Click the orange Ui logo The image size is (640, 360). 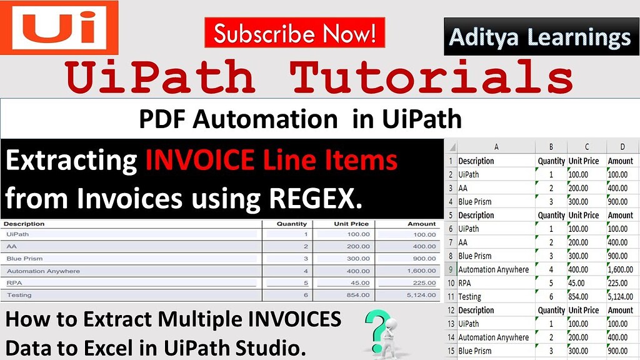pos(59,27)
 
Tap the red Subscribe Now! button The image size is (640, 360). pos(295,32)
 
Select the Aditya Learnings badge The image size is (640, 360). pos(541,37)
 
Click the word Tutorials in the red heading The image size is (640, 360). pos(431,76)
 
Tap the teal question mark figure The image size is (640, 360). pos(381,331)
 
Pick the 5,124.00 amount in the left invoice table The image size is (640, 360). pos(421,295)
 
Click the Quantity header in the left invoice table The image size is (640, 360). pos(291,224)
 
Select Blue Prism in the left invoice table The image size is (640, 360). pos(24,258)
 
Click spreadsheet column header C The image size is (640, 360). pos(586,146)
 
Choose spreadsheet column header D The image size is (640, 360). pos(622,146)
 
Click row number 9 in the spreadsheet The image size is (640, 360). pos(451,269)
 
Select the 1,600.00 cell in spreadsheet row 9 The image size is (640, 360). pos(621,269)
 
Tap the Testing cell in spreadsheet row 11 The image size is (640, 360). pos(469,297)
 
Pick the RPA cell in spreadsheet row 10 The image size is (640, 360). pos(464,283)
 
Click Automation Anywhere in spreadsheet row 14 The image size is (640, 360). pos(494,337)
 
